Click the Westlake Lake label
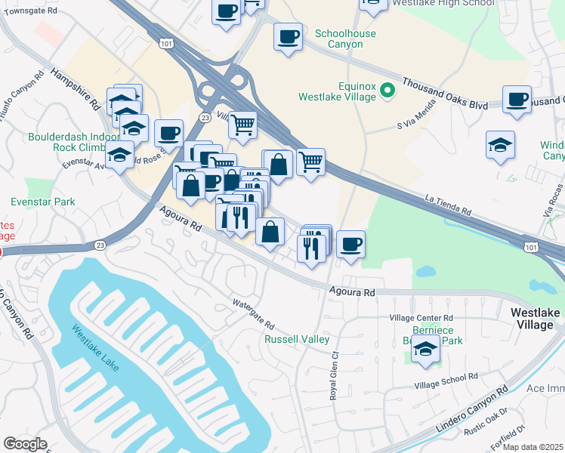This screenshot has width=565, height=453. pyautogui.click(x=97, y=350)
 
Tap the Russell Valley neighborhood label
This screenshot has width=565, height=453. pyautogui.click(x=297, y=339)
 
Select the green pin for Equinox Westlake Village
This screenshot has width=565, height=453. pyautogui.click(x=387, y=91)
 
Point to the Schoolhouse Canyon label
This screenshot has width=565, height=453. pyautogui.click(x=339, y=39)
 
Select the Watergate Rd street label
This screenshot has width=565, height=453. pyautogui.click(x=252, y=314)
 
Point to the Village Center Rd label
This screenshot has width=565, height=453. pyautogui.click(x=421, y=318)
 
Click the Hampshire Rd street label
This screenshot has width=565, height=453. pyautogui.click(x=76, y=90)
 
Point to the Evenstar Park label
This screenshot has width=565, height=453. pyautogui.click(x=42, y=202)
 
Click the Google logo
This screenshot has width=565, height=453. pyautogui.click(x=25, y=444)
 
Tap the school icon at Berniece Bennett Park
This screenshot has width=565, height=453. pyautogui.click(x=425, y=350)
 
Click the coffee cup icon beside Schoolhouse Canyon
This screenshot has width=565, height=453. pyautogui.click(x=287, y=36)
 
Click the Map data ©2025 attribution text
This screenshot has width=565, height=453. pyautogui.click(x=533, y=447)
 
